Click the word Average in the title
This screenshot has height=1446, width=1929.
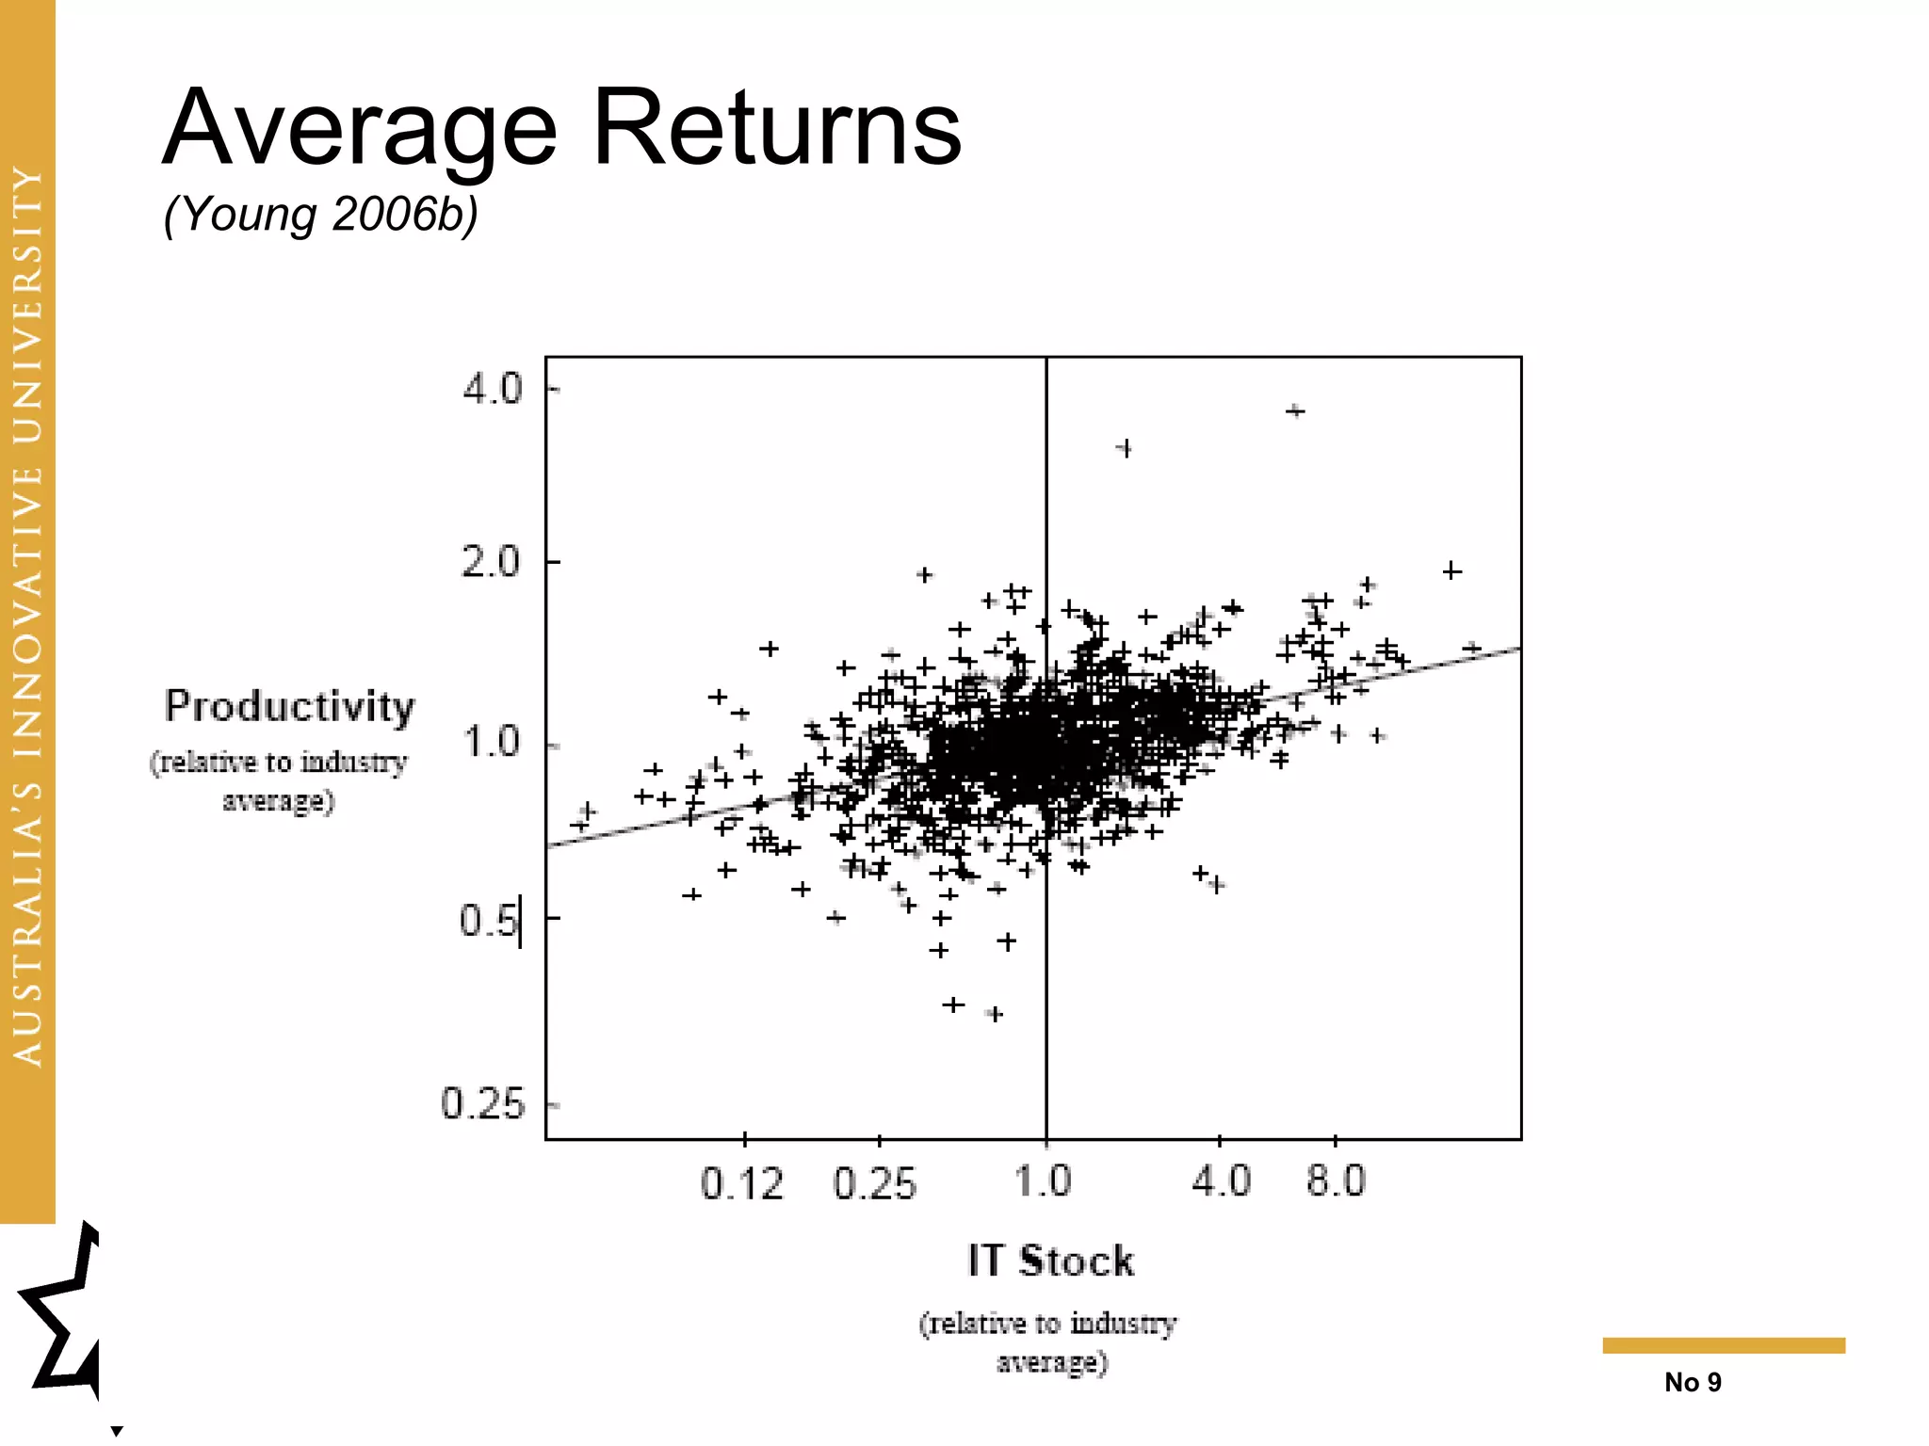[x=361, y=129]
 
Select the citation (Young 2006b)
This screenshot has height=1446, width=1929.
[x=320, y=215]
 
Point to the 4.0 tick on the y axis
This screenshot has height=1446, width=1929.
[x=492, y=389]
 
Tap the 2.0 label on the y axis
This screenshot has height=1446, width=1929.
[x=491, y=563]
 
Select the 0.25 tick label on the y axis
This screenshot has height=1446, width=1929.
[x=482, y=1103]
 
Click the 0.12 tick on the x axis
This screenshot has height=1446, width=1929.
[x=742, y=1182]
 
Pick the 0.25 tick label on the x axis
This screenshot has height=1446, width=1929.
[x=874, y=1182]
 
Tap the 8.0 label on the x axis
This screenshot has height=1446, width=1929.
[x=1336, y=1181]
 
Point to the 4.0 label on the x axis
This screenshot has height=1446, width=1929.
[x=1222, y=1181]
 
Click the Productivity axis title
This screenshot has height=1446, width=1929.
[x=289, y=707]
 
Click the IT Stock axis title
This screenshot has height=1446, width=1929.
[x=1050, y=1261]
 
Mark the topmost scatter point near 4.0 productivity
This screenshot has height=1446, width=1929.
[x=1296, y=410]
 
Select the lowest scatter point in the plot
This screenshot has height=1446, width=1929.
[x=995, y=1014]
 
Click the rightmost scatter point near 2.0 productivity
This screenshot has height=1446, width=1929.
[x=1452, y=570]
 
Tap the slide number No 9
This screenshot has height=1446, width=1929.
[x=1693, y=1382]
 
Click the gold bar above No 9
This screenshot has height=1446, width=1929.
[x=1724, y=1345]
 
